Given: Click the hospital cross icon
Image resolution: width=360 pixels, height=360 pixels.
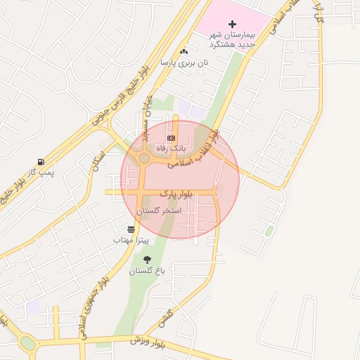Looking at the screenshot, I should point(233,24).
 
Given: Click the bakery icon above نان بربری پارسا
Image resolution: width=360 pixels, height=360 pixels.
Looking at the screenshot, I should point(184,51).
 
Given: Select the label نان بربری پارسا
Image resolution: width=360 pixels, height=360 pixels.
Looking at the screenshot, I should point(185,63).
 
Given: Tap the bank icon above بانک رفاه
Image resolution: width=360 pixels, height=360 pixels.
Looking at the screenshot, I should point(171,136).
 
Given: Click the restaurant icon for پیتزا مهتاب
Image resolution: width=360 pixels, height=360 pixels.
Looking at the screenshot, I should point(131,229).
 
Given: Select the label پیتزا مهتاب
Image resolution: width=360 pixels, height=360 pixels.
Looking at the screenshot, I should point(131,240).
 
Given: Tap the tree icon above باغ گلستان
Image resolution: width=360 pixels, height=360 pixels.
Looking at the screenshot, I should point(146,260).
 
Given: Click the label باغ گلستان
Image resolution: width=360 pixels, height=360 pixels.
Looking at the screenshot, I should point(146,271).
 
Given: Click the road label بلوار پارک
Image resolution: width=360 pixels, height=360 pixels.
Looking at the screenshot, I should point(176,192).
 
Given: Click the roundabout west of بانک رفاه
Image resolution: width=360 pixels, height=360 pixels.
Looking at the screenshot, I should point(144,159).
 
